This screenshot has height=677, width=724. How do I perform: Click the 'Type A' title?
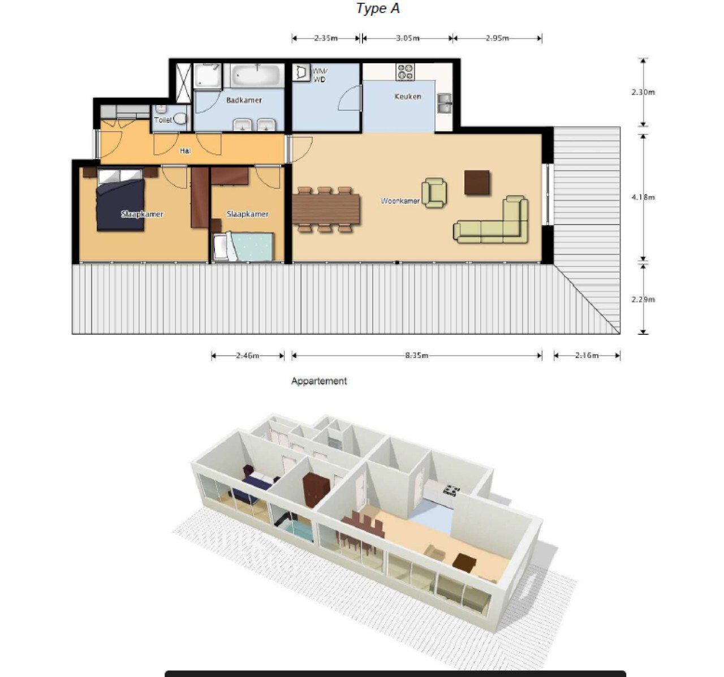coord(378,8)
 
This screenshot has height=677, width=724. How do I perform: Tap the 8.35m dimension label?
coord(416,355)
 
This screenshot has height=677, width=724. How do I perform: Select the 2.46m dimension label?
coord(247,355)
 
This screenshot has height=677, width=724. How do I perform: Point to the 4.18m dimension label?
coord(643,197)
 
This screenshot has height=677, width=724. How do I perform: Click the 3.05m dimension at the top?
coord(408,38)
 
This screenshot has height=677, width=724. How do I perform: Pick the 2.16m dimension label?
coord(587,355)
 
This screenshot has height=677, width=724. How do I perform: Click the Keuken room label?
coord(408,97)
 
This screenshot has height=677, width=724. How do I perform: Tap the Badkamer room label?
coord(244,100)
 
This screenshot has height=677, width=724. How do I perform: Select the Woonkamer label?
coord(400,201)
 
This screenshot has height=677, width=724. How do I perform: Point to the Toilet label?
coord(163,120)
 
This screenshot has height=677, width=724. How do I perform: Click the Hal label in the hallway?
coord(185,151)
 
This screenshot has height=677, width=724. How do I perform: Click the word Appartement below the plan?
coord(319,381)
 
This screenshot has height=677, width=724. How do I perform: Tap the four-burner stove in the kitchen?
coord(406,72)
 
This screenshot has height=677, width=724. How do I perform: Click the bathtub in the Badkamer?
coord(257,75)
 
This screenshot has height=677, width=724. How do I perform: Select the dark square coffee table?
coord(477,183)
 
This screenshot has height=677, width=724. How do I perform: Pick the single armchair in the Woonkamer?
coord(434,193)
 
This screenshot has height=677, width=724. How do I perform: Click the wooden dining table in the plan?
coord(326,209)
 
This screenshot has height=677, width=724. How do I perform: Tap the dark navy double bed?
coord(120,200)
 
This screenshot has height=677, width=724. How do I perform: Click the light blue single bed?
coord(244,247)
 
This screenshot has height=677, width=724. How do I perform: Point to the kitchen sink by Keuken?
coord(445,103)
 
